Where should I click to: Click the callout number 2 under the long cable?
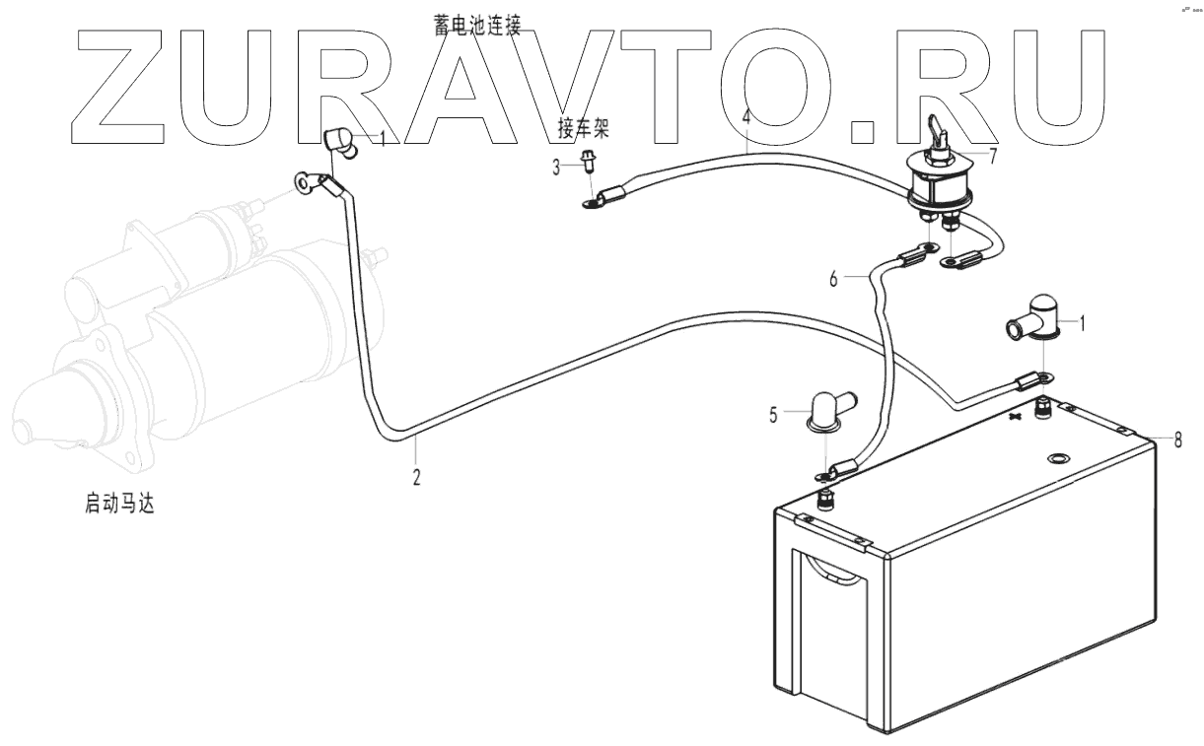point(416,477)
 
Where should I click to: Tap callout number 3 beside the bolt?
point(556,168)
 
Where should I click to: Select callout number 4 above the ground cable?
point(746,117)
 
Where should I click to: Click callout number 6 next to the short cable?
point(833,280)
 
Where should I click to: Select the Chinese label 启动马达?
point(119,506)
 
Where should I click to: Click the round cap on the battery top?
point(1060,459)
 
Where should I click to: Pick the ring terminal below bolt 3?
point(593,204)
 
